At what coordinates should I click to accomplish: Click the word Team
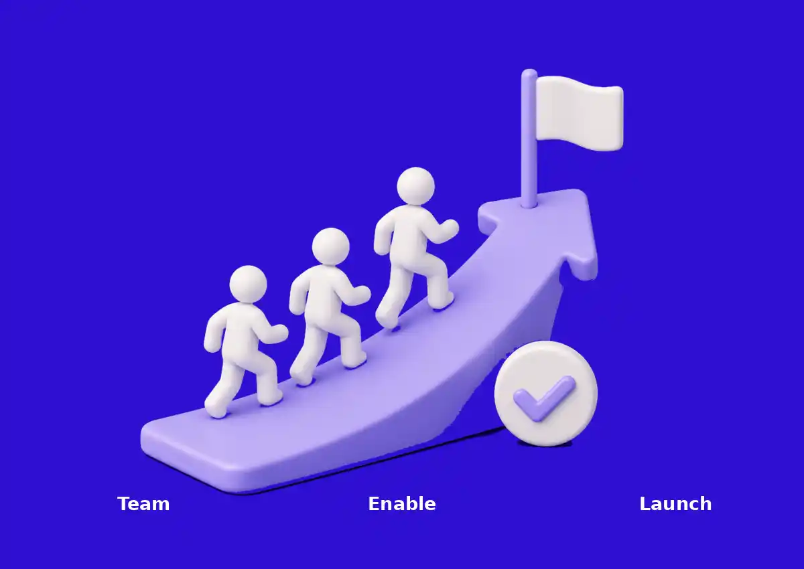click(x=143, y=504)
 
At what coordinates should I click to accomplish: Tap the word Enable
click(x=402, y=503)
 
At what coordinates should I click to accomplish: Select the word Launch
click(x=675, y=503)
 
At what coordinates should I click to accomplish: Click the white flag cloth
click(x=580, y=113)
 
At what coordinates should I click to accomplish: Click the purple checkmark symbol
click(x=544, y=398)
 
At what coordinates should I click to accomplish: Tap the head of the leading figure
click(x=415, y=186)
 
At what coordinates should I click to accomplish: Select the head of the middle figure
click(x=330, y=246)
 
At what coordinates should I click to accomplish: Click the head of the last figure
click(x=248, y=284)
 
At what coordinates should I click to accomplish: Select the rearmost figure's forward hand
click(x=279, y=333)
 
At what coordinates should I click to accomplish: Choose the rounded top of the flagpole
click(x=529, y=74)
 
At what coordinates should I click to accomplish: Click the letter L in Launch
click(x=645, y=504)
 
